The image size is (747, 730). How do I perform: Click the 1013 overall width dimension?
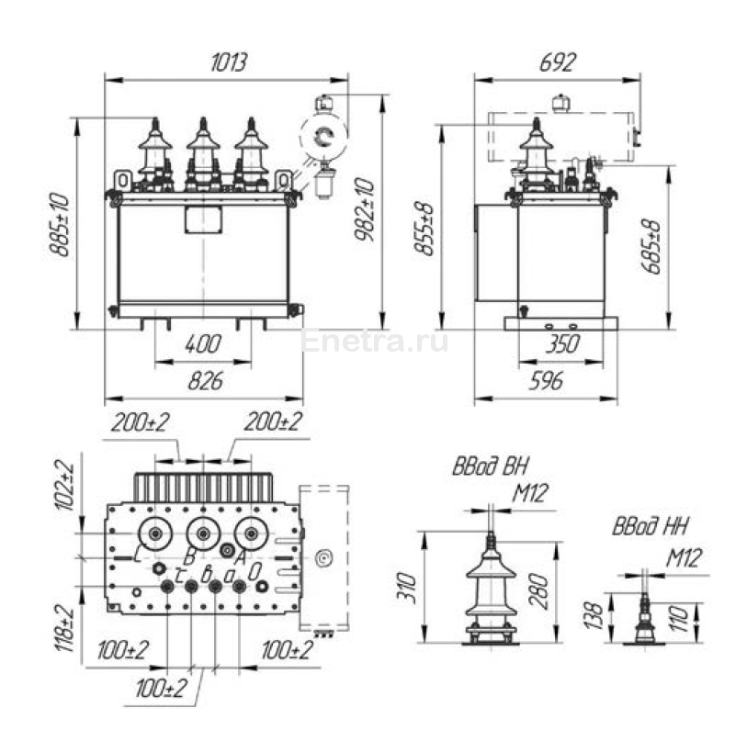coord(229,62)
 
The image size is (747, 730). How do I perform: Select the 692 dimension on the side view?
coord(557,62)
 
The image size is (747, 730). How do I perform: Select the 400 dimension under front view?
coord(202,344)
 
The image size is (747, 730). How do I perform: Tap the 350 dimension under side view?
coord(560,344)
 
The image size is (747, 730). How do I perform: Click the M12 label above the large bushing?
coord(529,495)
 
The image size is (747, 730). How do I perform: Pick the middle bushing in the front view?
coord(204,152)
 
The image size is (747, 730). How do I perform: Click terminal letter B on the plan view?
coord(187,556)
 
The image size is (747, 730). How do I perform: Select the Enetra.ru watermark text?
coord(374,343)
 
